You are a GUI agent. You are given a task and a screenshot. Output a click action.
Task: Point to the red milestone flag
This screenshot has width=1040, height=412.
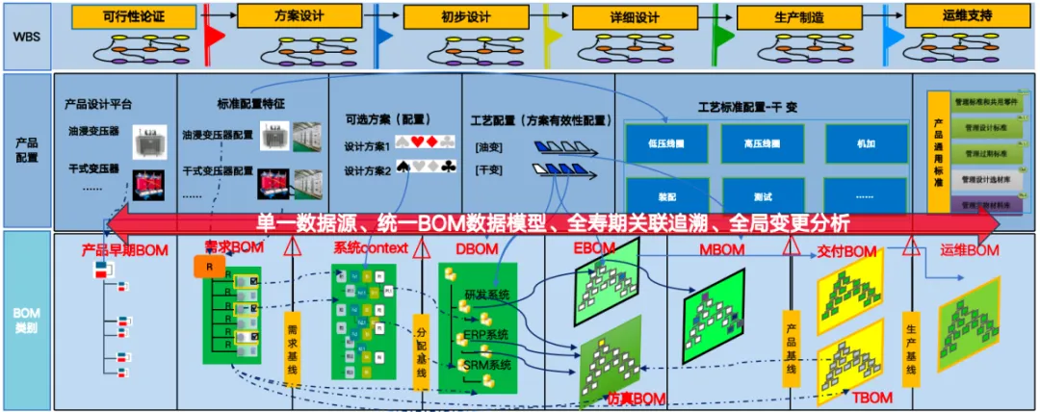213,37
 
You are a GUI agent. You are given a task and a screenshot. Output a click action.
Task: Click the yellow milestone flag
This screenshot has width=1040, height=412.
552,37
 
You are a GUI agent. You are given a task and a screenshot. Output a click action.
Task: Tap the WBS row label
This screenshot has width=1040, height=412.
26,36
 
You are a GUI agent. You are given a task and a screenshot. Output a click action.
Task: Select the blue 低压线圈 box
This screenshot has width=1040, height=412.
666,143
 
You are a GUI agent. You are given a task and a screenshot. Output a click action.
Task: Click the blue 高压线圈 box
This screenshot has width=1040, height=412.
762,143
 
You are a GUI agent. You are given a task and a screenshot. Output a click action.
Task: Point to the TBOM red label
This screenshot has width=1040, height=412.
872,398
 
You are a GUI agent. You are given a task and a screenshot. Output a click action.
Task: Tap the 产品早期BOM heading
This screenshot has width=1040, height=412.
125,250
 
